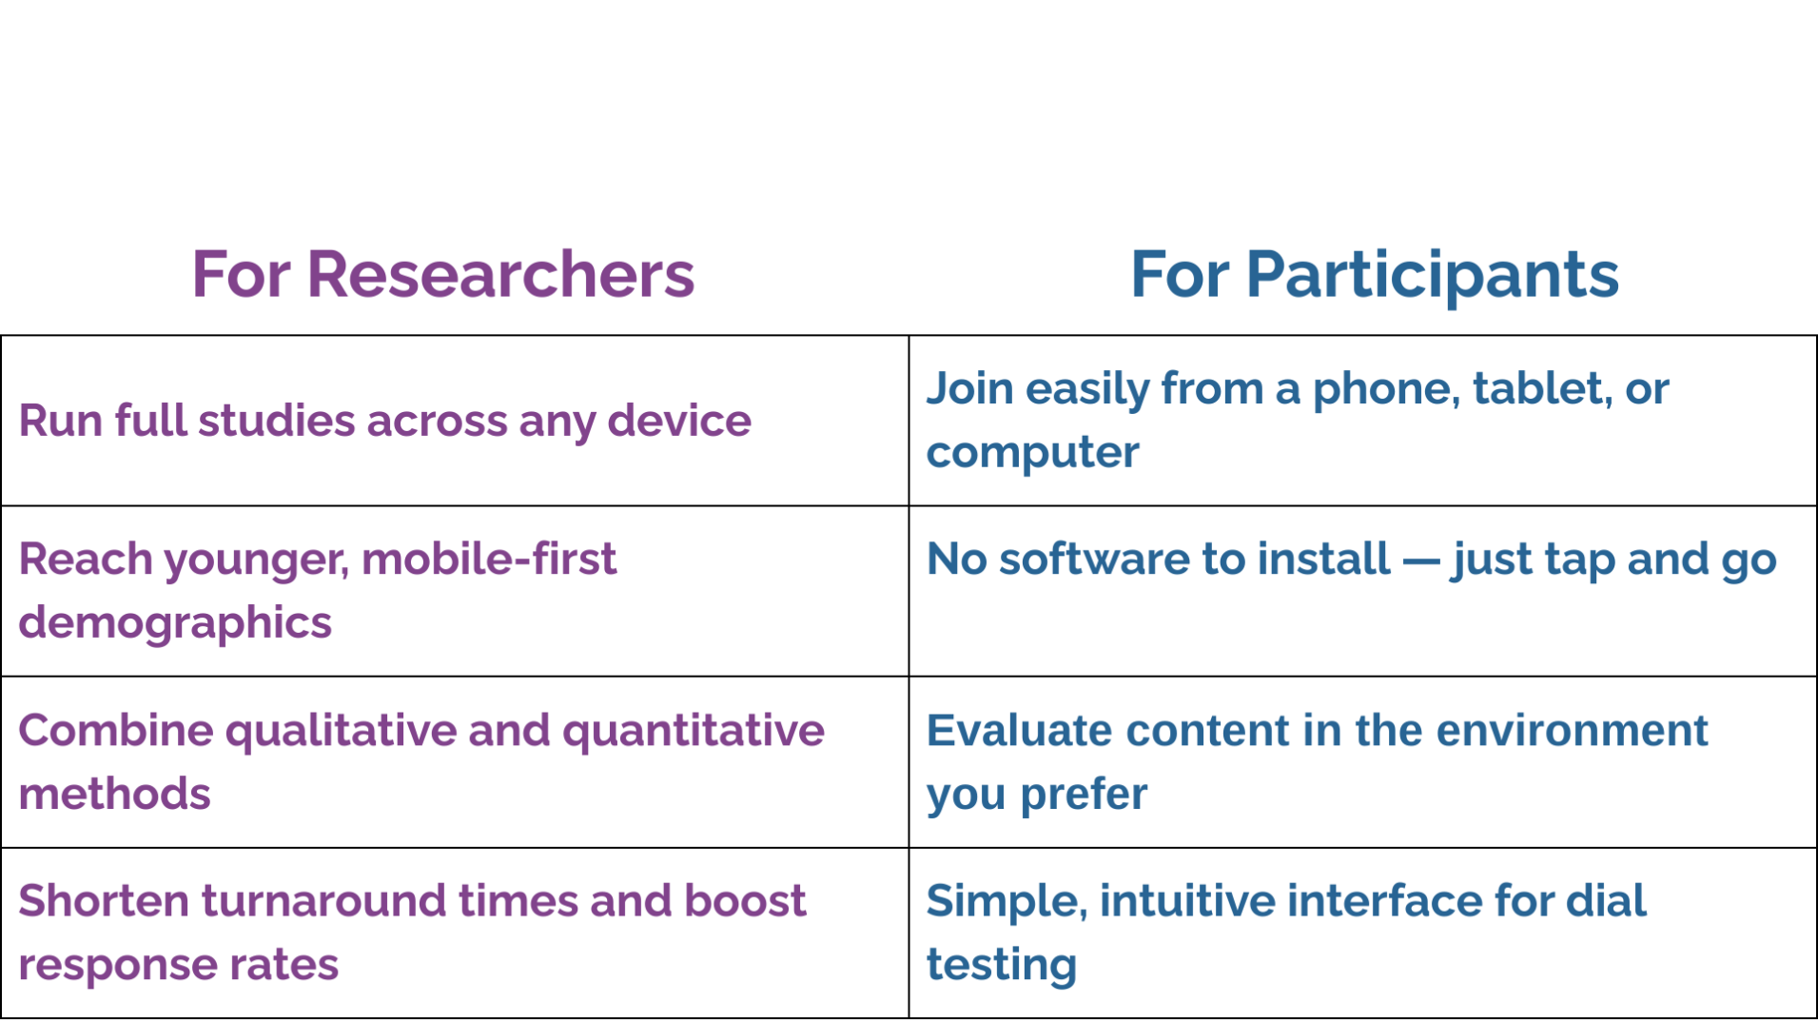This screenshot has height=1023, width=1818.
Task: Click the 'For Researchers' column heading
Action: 443,274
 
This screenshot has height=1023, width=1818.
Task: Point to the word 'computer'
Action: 1032,453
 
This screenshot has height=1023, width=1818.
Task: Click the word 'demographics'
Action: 175,623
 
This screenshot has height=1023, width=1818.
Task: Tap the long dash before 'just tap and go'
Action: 1421,561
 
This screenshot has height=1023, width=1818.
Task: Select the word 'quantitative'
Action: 694,731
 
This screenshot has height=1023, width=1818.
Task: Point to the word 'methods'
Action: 114,794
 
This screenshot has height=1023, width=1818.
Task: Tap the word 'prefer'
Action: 1084,795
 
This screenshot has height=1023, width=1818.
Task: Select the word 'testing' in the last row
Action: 1002,965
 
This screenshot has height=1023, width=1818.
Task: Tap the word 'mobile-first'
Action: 489,559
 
